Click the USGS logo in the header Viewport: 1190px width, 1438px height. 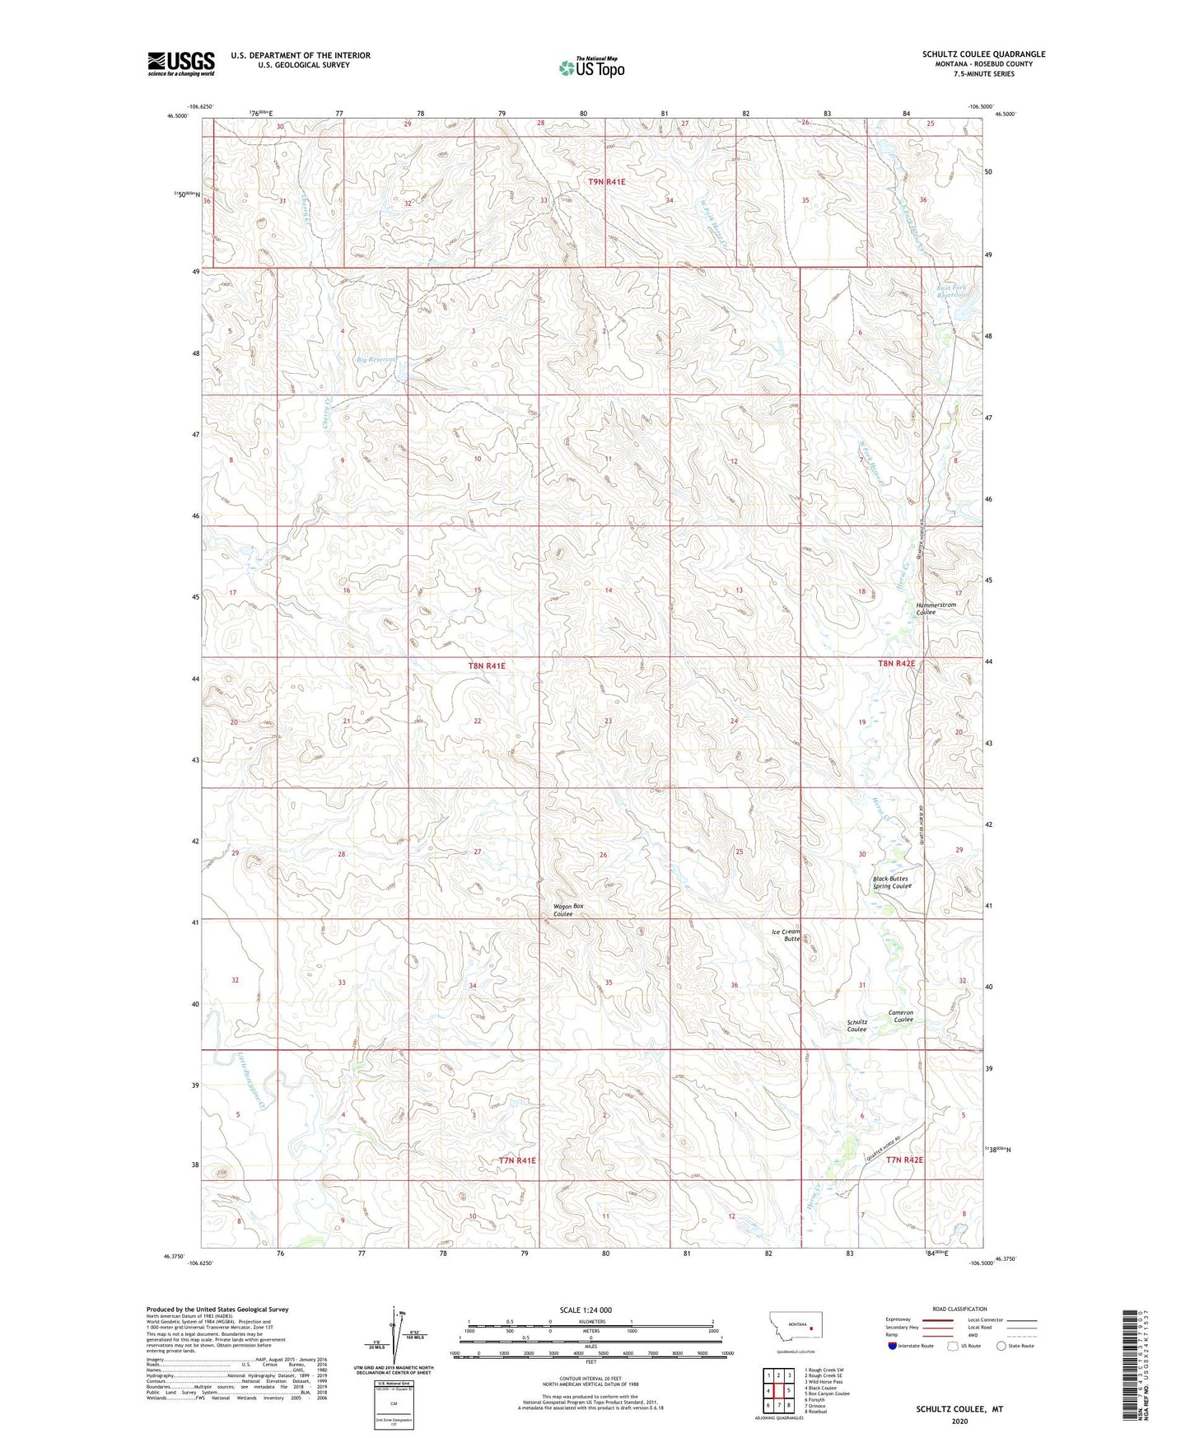(x=180, y=63)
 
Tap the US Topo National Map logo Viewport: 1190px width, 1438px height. (x=591, y=67)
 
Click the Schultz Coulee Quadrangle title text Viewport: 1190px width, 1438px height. (x=983, y=54)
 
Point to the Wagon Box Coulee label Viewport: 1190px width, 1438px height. (x=567, y=910)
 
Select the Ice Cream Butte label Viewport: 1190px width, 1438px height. (x=786, y=935)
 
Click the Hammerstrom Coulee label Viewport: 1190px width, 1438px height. (x=936, y=609)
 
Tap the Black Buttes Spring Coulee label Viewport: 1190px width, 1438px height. (x=891, y=882)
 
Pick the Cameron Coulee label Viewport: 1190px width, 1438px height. (x=901, y=1016)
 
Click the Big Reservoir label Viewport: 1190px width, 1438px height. (x=376, y=360)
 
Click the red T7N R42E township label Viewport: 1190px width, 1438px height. (x=904, y=1160)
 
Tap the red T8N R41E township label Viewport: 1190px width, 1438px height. (x=486, y=665)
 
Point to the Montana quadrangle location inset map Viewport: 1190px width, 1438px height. (x=795, y=1328)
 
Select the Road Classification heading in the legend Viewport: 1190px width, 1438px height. (x=959, y=1309)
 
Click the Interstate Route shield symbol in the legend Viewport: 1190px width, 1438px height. (x=893, y=1346)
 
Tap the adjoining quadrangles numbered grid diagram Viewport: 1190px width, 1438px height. (x=777, y=1392)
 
